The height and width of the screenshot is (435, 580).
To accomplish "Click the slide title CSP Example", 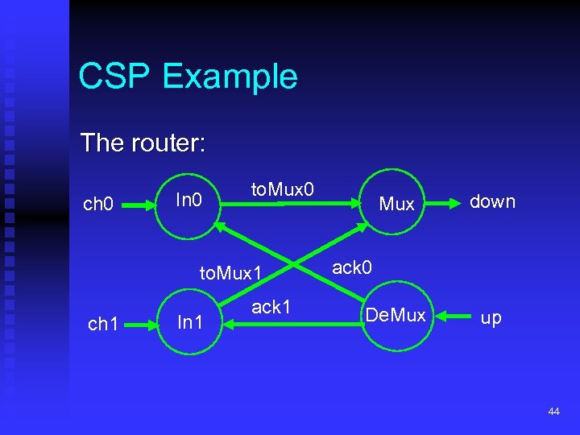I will click(x=188, y=77).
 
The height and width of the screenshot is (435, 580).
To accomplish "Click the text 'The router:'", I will click(x=143, y=143).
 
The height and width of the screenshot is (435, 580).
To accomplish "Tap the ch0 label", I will click(x=99, y=204).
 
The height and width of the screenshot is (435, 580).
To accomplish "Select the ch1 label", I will click(x=103, y=324).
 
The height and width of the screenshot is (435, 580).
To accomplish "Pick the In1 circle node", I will click(x=189, y=322).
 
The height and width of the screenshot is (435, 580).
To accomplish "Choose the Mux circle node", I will click(x=396, y=204).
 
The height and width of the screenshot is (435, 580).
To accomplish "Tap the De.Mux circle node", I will click(x=396, y=316).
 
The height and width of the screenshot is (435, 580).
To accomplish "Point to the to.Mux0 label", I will click(x=283, y=189).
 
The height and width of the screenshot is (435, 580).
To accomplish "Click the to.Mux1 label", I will click(x=231, y=273).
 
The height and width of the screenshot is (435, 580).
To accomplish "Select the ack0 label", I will click(x=352, y=267).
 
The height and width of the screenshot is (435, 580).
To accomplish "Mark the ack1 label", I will click(x=271, y=307).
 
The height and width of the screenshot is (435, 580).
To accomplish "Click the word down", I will click(x=492, y=201).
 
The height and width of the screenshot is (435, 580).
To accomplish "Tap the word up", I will click(x=491, y=317).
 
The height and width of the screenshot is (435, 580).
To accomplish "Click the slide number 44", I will click(x=553, y=412).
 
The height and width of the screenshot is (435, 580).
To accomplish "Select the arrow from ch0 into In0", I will click(x=139, y=205).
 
